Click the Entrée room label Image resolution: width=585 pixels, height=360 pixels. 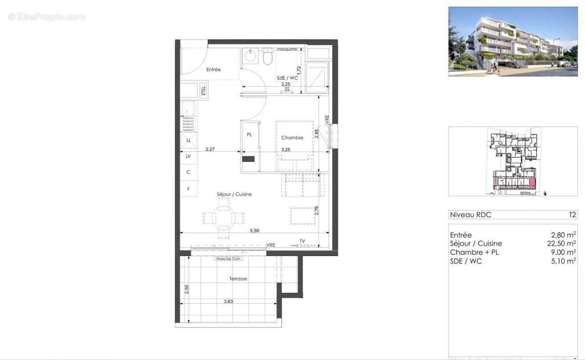point(214,70)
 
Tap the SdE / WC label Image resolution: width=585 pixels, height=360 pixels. point(287,78)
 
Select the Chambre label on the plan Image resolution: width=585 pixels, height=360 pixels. point(292,138)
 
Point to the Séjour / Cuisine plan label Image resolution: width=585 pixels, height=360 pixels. point(234,194)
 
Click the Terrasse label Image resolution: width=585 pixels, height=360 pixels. point(238,279)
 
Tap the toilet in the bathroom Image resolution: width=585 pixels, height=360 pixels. point(267,58)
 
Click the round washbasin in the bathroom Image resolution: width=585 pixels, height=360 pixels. point(250,56)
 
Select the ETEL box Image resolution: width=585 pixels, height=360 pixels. point(204,90)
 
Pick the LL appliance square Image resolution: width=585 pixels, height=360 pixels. point(189,140)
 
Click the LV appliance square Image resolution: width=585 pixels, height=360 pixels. point(189,157)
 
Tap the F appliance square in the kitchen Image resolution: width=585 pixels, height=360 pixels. point(189,189)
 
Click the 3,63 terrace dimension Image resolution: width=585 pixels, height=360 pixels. point(228,301)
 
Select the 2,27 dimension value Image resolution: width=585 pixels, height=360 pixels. point(210,149)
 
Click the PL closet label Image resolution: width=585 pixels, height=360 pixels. point(249,135)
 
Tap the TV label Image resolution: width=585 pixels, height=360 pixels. point(302,241)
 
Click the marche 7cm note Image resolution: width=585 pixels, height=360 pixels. point(228,259)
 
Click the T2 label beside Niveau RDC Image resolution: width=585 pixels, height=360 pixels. point(572,214)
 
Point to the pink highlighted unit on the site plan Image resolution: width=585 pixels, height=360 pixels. point(532,183)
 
